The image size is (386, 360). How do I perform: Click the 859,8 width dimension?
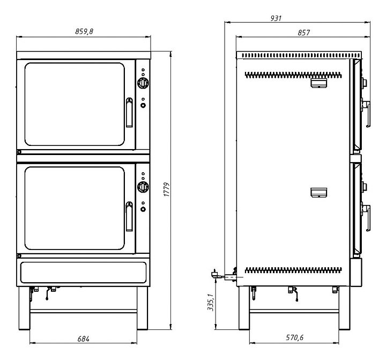tap(84, 31)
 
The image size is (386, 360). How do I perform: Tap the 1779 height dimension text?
tap(167, 189)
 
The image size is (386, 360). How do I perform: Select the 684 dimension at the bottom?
tap(83, 339)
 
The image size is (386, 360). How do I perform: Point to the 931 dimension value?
tap(276, 18)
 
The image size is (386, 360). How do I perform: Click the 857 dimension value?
tap(303, 33)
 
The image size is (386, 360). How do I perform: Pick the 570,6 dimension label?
tap(295, 337)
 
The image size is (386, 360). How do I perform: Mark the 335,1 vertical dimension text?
tap(211, 303)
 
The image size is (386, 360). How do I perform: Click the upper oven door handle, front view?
tap(129, 112)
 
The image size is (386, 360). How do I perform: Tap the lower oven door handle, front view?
tap(129, 216)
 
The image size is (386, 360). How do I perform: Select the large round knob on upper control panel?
tap(143, 83)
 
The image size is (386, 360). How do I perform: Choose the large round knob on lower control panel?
tap(143, 187)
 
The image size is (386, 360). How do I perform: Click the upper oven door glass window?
tap(75, 104)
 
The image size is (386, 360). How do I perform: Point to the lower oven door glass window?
tap(75, 208)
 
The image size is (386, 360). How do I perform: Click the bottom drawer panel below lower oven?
tap(83, 272)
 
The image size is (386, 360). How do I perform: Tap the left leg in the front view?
tap(24, 308)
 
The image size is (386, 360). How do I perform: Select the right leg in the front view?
tap(142, 308)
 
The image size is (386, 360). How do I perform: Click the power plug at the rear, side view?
tap(214, 274)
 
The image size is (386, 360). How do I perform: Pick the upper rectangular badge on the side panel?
tap(318, 83)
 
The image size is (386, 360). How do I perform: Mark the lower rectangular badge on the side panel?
tap(318, 193)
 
